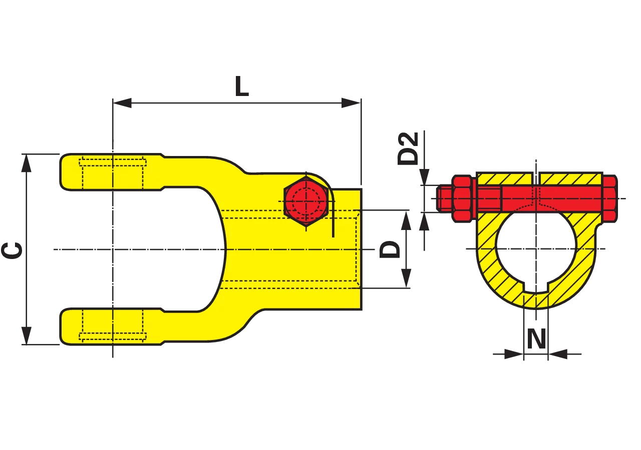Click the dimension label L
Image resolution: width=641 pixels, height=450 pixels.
(242, 86)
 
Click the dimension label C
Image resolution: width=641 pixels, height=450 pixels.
(12, 250)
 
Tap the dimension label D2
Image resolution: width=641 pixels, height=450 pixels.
(408, 148)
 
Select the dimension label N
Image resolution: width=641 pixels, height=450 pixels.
(536, 338)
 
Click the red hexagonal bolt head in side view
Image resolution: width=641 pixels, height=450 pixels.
(306, 201)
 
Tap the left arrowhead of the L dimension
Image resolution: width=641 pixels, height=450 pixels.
(122, 103)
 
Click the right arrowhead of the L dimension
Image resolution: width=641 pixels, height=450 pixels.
(351, 103)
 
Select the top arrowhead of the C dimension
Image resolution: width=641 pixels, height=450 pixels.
(27, 163)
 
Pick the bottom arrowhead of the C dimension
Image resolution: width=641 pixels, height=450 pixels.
(27, 335)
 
